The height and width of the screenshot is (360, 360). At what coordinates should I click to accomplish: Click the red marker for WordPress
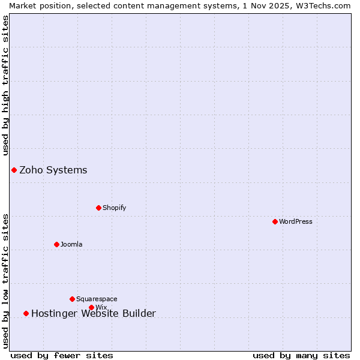pyautogui.click(x=275, y=221)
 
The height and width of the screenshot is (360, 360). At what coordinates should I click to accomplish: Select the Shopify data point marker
pyautogui.click(x=98, y=208)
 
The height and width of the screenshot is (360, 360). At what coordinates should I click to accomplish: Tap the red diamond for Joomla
pyautogui.click(x=56, y=244)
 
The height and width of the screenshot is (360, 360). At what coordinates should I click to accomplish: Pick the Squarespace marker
pyautogui.click(x=72, y=299)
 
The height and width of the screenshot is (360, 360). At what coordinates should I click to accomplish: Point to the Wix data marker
pyautogui.click(x=91, y=307)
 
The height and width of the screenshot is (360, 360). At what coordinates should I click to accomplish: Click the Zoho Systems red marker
pyautogui.click(x=14, y=170)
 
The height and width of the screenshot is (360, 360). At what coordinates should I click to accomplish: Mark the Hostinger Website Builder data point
pyautogui.click(x=26, y=313)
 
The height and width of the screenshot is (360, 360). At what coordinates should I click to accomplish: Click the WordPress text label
pyautogui.click(x=296, y=221)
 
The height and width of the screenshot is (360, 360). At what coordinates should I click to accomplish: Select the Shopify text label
pyautogui.click(x=115, y=208)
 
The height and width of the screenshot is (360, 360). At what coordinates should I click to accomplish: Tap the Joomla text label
pyautogui.click(x=71, y=244)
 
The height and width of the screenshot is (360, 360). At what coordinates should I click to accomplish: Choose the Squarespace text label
pyautogui.click(x=97, y=299)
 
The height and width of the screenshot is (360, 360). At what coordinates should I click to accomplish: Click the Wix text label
pyautogui.click(x=101, y=307)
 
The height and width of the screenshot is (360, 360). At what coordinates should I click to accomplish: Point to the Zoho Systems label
pyautogui.click(x=53, y=170)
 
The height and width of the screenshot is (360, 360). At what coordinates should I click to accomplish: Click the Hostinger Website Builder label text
pyautogui.click(x=94, y=313)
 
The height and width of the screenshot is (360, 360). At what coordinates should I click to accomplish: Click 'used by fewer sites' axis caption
pyautogui.click(x=62, y=355)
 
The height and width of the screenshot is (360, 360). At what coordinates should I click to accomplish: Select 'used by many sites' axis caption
pyautogui.click(x=301, y=355)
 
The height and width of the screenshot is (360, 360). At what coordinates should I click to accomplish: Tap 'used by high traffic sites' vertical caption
pyautogui.click(x=6, y=85)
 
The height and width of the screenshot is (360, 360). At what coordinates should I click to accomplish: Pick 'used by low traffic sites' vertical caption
pyautogui.click(x=6, y=281)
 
